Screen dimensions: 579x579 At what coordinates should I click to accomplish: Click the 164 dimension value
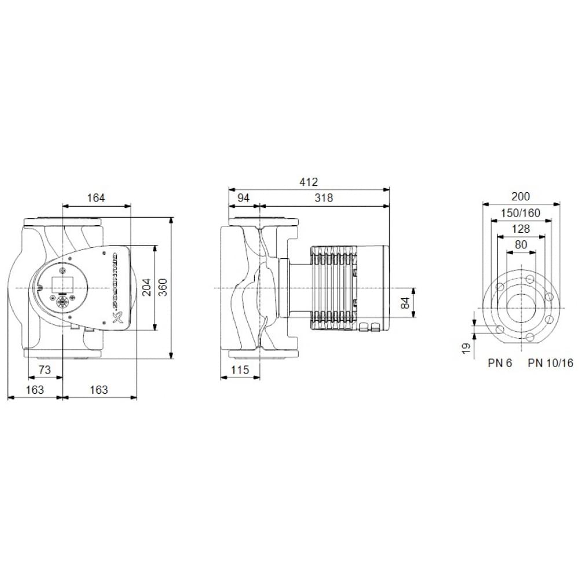click(x=96, y=198)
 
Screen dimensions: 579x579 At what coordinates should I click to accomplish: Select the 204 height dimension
click(x=148, y=288)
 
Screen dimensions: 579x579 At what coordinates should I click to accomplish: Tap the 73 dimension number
click(x=45, y=370)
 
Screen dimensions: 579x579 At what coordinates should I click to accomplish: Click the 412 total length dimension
click(x=309, y=182)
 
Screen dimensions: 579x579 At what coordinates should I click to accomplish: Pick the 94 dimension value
click(x=243, y=198)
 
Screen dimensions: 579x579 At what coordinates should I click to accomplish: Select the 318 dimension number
click(x=324, y=198)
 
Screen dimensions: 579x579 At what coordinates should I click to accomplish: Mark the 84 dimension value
click(x=405, y=302)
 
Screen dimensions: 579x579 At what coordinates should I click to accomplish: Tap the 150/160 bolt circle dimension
click(x=521, y=213)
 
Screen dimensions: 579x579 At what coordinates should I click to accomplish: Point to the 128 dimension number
click(x=521, y=229)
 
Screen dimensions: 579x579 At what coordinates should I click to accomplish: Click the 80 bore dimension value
click(x=521, y=245)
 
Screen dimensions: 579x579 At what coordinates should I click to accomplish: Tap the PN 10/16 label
click(x=550, y=364)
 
